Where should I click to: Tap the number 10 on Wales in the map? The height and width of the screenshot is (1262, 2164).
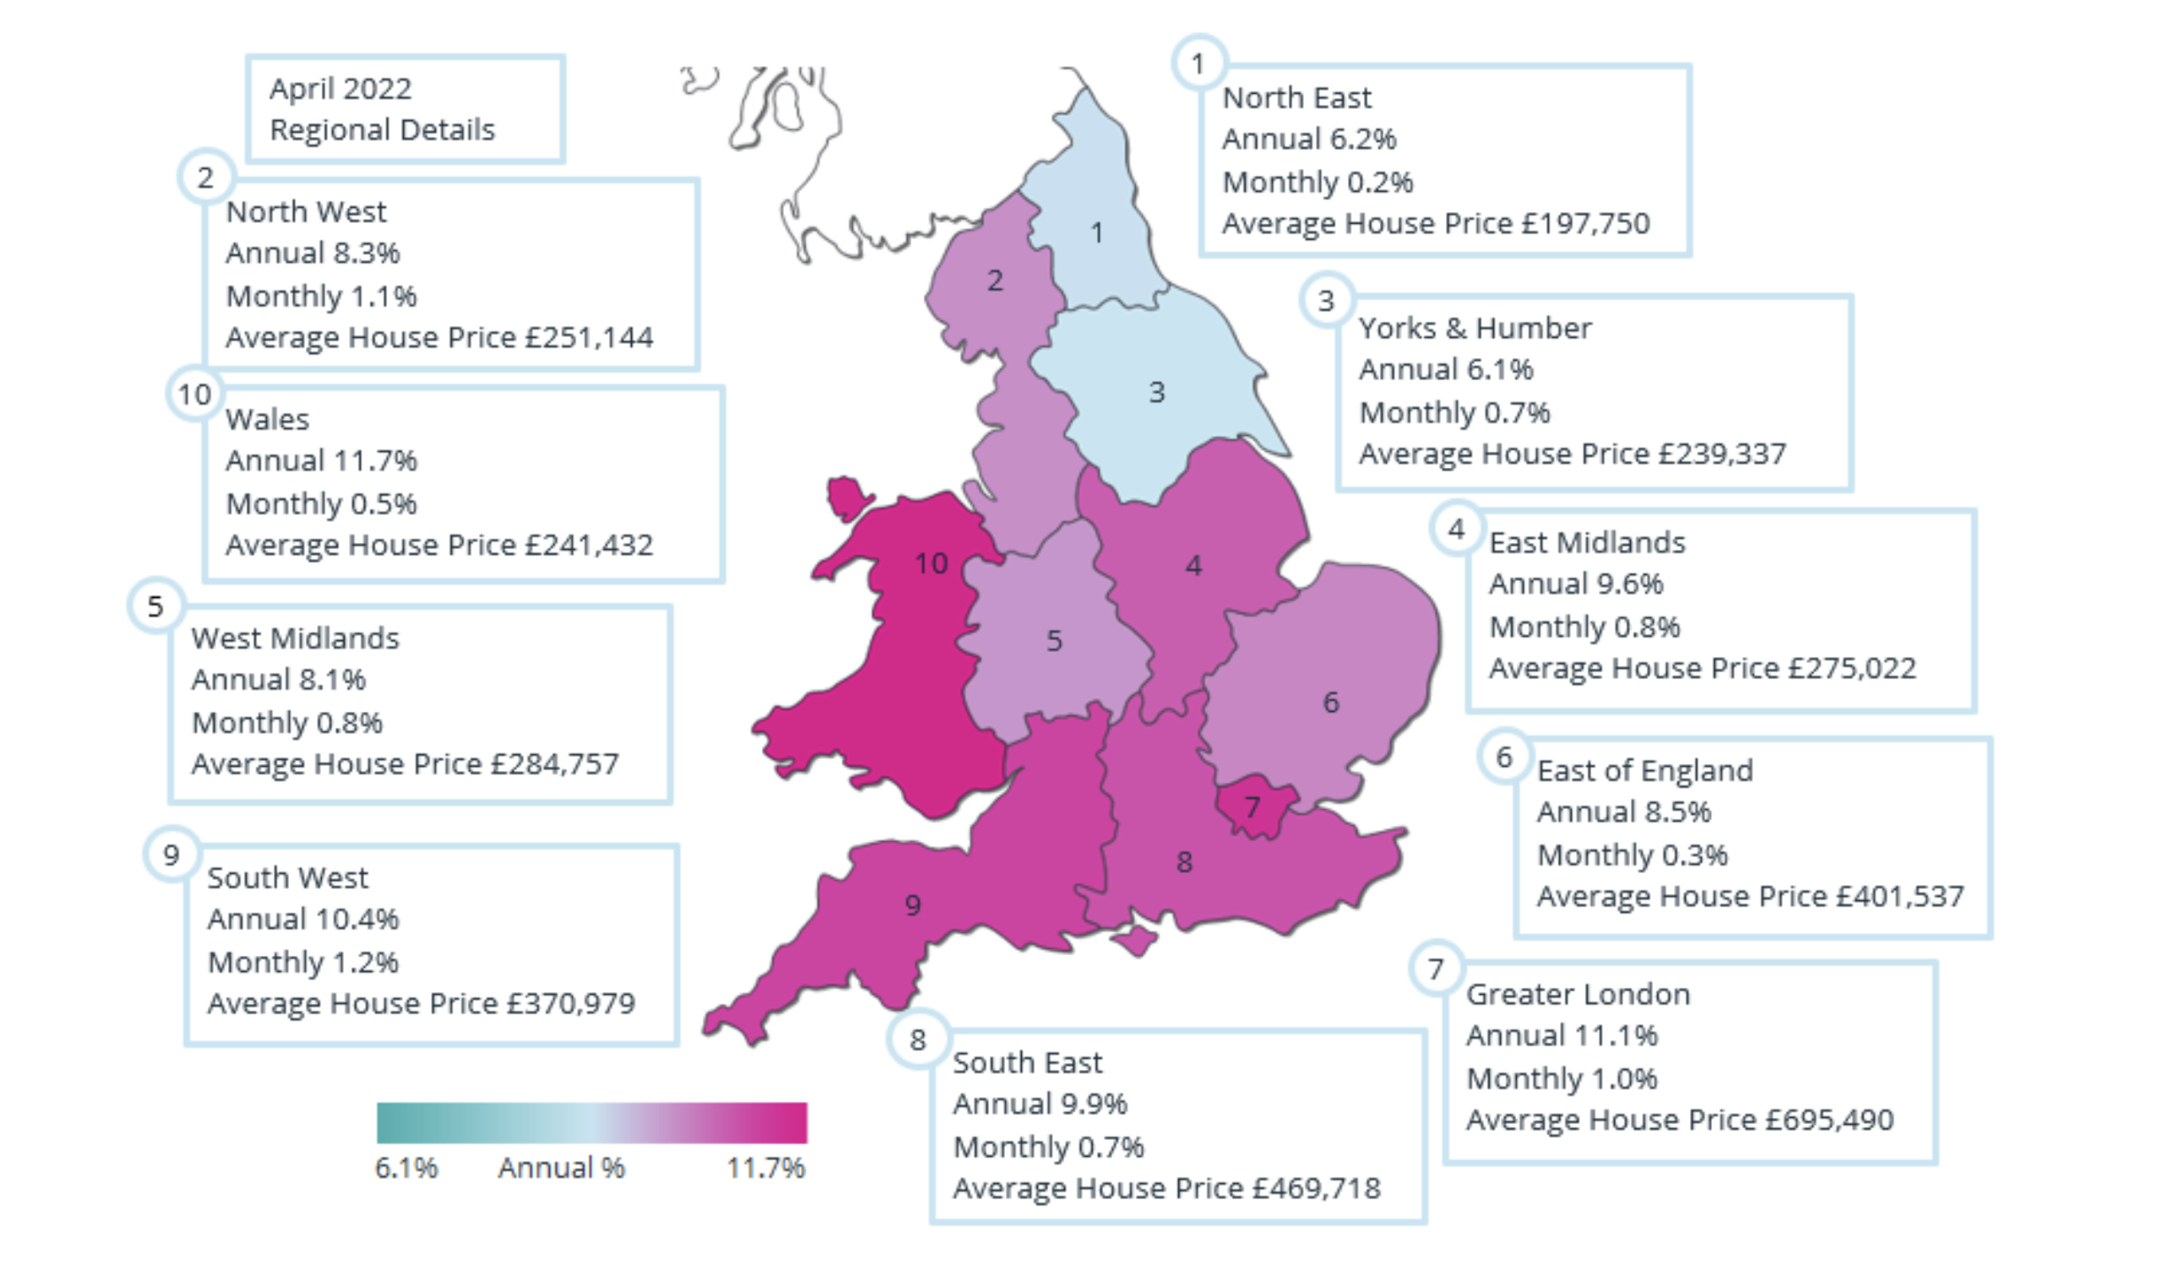coord(931,563)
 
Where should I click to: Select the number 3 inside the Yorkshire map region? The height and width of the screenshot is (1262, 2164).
coord(1156,392)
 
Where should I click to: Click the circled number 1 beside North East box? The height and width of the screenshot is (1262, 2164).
coord(1198,64)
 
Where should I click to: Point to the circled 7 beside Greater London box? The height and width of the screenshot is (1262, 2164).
coord(1436,968)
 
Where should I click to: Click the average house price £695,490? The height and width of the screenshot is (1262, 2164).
coord(1829,1120)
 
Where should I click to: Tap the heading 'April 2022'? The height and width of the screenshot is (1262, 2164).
coord(340,88)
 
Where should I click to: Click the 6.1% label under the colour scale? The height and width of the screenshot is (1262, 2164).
coord(406,1168)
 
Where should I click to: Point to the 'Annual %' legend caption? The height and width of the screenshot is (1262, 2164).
coord(561,1168)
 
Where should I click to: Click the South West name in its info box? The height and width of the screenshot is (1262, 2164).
coord(287,877)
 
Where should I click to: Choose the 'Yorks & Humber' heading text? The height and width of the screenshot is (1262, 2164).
coord(1474,328)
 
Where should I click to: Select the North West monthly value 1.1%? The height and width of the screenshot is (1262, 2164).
coord(383,296)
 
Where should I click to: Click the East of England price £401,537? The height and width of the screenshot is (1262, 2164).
coord(1900,896)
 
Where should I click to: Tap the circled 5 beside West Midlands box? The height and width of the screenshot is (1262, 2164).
coord(156,607)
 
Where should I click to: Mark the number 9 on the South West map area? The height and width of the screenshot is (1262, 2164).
coord(912,905)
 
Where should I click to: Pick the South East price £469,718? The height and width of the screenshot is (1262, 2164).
coord(1316,1188)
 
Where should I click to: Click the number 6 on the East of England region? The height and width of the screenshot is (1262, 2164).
coord(1330,702)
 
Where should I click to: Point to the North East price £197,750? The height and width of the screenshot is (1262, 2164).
coord(1585,224)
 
